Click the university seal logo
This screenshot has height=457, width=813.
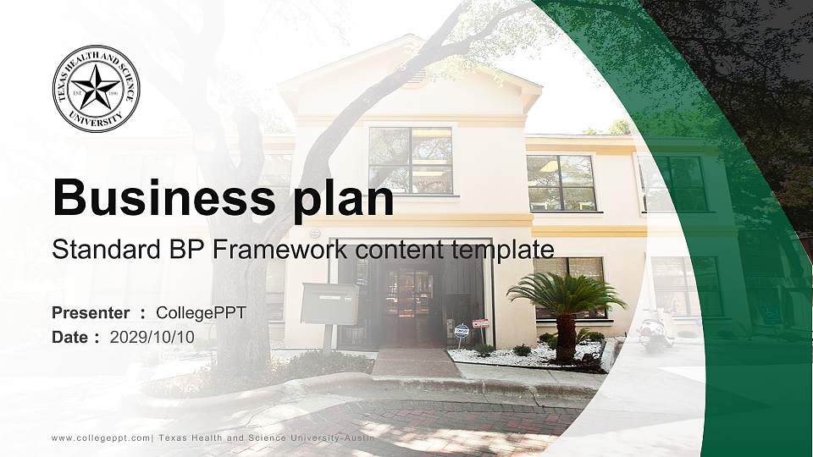click(x=96, y=89)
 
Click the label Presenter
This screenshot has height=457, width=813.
click(x=91, y=313)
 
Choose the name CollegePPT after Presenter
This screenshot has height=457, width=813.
click(x=202, y=313)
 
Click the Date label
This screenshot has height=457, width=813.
click(x=70, y=337)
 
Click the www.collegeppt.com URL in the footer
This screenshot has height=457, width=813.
click(x=101, y=438)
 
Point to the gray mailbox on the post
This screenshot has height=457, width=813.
click(x=329, y=304)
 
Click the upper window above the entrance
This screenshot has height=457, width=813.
click(x=411, y=160)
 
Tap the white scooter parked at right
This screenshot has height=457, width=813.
click(x=655, y=329)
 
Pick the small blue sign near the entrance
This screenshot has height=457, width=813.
click(x=462, y=331)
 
